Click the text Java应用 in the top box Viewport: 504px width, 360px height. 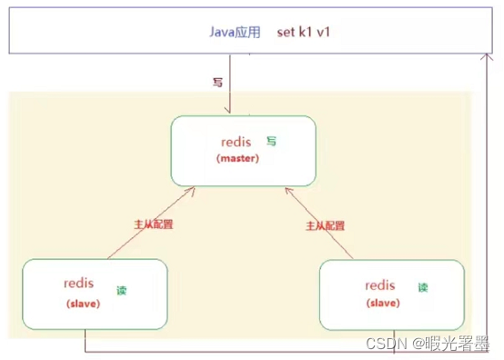[x=236, y=33]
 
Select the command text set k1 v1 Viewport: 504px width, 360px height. [x=302, y=33]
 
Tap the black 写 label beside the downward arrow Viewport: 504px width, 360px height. [x=217, y=83]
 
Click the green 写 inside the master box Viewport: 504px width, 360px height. [x=271, y=142]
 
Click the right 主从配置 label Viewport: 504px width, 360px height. [x=323, y=225]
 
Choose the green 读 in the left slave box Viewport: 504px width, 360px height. [x=121, y=290]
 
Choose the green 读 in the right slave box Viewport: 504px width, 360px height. [x=422, y=287]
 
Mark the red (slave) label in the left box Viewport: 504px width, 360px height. [x=83, y=304]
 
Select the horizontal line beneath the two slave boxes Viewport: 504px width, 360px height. [x=273, y=351]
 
